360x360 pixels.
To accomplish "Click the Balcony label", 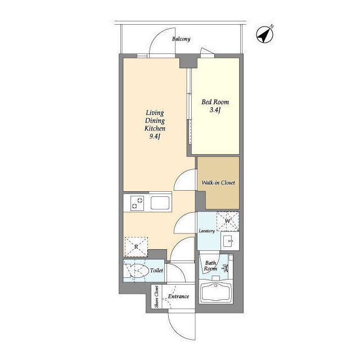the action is pos(181,39).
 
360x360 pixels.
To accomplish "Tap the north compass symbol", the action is pos(265,35).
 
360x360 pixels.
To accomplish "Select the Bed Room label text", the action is pos(215,102).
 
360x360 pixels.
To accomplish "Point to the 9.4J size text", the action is pos(155,137).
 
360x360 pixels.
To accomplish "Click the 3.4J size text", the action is pos(215,110).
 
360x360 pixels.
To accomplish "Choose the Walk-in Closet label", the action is pos(218,183).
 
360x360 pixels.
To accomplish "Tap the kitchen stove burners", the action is pos(137,203).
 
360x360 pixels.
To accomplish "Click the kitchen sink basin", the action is pos(160,203).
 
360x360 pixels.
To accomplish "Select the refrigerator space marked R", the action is pos(136,247).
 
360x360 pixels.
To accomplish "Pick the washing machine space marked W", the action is pos(228,221).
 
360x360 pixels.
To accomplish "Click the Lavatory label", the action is pos(206,231).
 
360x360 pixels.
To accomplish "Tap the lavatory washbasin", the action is pos(230,241).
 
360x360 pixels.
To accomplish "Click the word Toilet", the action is pos(156,271).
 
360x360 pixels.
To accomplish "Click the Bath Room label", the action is pos(210,266).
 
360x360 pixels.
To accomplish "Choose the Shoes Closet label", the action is pos(157,296).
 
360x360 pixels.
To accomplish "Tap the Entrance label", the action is pos(179,296).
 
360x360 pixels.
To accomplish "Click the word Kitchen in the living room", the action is pos(155,128).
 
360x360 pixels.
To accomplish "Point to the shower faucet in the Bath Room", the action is pos(226,268).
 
